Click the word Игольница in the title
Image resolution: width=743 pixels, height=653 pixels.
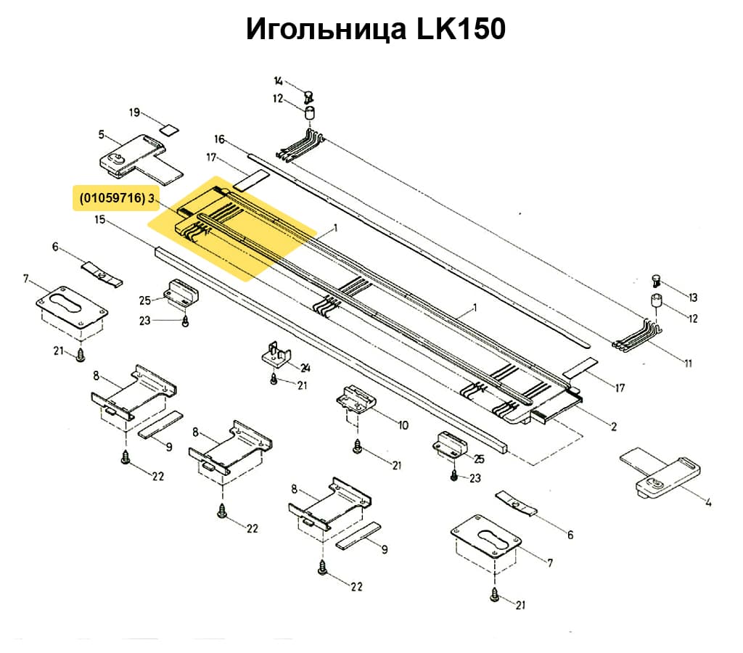pyautogui.click(x=324, y=30)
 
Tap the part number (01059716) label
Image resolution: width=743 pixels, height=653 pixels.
pyautogui.click(x=110, y=198)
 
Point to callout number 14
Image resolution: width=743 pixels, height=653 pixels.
pyautogui.click(x=279, y=81)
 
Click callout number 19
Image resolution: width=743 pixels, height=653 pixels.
pyautogui.click(x=134, y=112)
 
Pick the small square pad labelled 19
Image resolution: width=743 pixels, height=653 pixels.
pyautogui.click(x=169, y=131)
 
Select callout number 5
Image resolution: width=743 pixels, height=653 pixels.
pyautogui.click(x=102, y=134)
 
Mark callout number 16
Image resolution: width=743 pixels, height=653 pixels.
pyautogui.click(x=220, y=139)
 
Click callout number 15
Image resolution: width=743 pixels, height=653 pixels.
pyautogui.click(x=100, y=218)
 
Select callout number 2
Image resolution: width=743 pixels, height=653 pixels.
pyautogui.click(x=613, y=427)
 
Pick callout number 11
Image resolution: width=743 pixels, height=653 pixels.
pyautogui.click(x=687, y=363)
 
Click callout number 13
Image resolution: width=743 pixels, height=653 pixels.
pyautogui.click(x=692, y=297)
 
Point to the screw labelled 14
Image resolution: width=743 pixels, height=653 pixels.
pyautogui.click(x=308, y=94)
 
